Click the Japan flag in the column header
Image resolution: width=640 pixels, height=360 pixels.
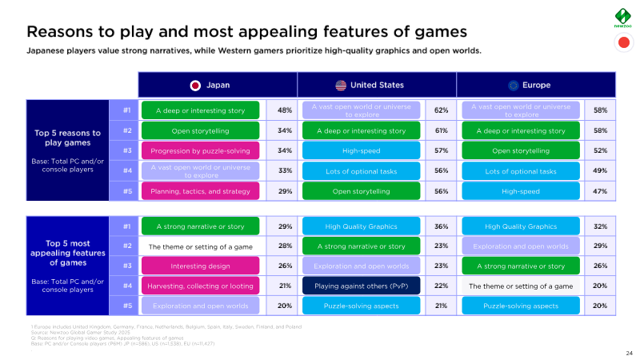click(194, 85)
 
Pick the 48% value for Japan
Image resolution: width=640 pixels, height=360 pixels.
click(284, 110)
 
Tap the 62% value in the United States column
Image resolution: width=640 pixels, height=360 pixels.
click(441, 110)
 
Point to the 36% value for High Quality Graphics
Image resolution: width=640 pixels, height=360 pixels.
click(441, 226)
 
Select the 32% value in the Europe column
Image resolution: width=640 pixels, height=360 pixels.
click(601, 226)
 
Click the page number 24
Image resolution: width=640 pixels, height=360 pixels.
click(628, 353)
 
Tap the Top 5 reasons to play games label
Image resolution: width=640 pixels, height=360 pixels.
click(67, 138)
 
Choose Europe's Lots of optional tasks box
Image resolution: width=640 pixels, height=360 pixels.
click(521, 170)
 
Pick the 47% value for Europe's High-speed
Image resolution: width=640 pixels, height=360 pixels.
click(601, 190)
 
